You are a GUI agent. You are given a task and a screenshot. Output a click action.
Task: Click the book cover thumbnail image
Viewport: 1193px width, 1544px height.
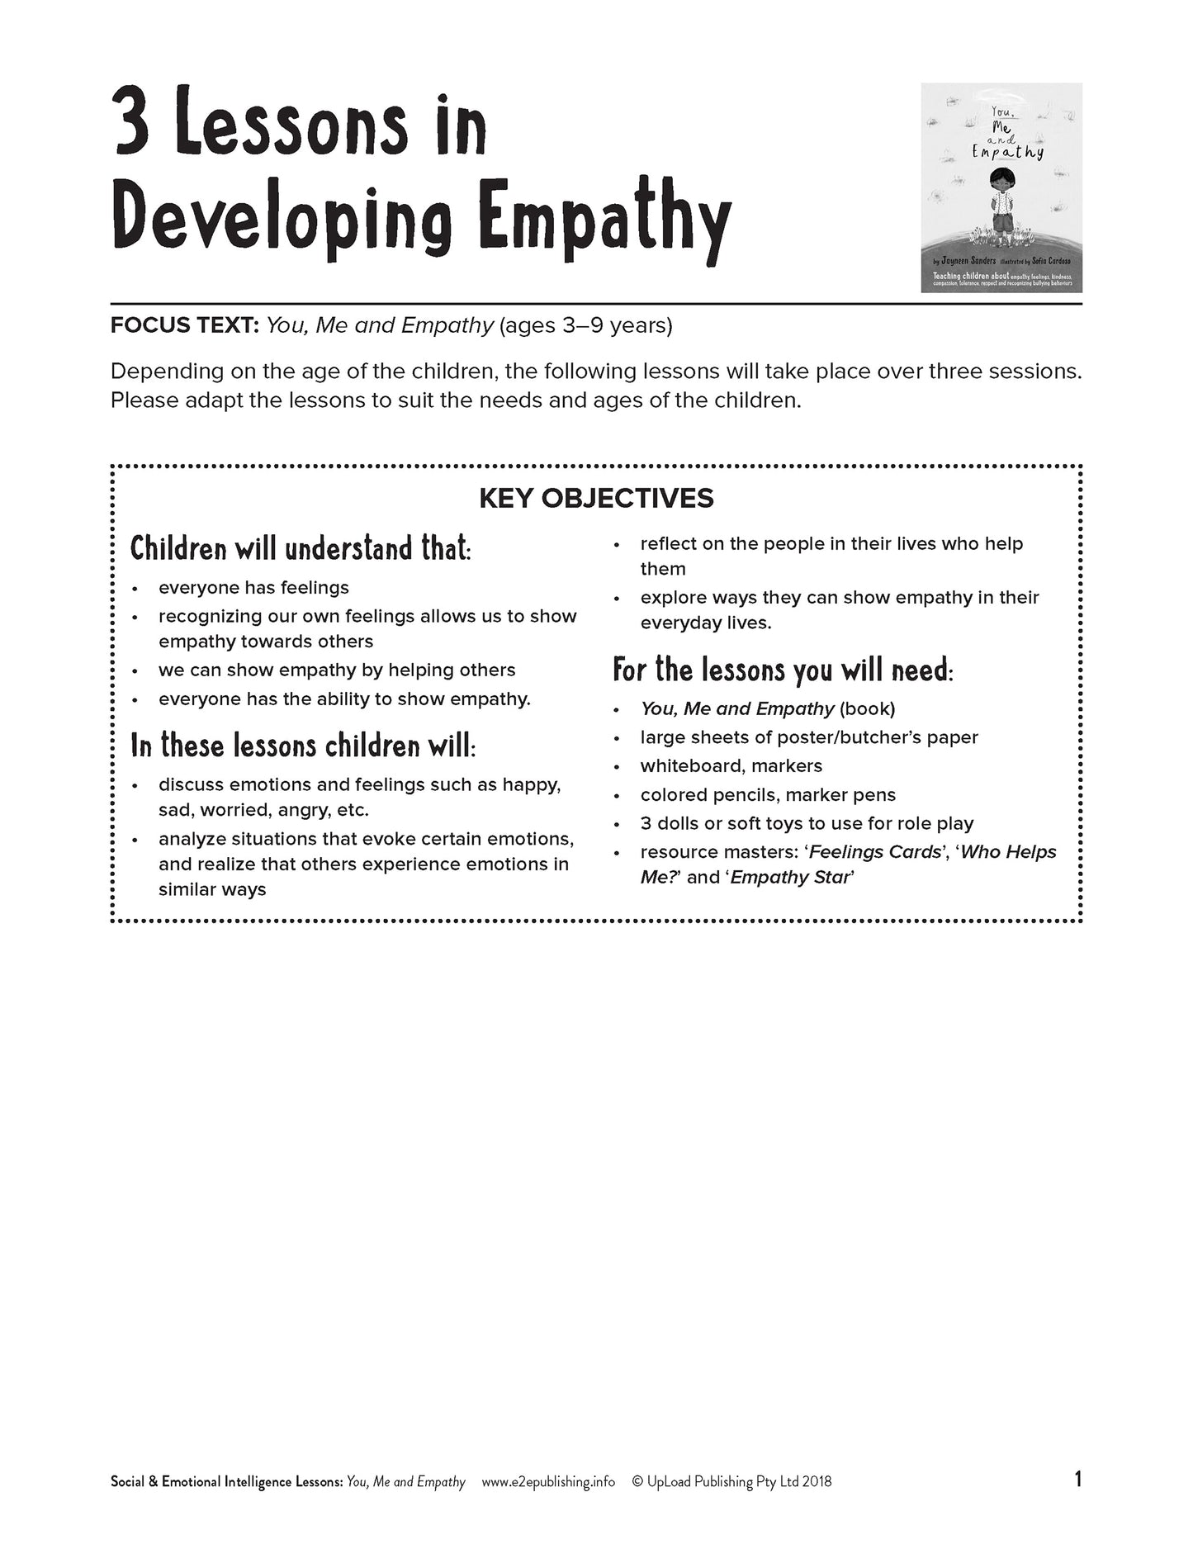[x=1001, y=187]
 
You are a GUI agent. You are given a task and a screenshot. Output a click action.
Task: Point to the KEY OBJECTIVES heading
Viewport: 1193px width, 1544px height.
[x=596, y=498]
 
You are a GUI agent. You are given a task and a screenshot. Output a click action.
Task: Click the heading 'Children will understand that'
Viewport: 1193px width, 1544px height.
[x=301, y=549]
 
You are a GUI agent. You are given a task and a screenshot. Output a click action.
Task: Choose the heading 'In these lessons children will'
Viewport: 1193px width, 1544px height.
[x=302, y=746]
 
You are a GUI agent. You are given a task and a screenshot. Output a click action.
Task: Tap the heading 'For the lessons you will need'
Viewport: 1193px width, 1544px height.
[x=782, y=670]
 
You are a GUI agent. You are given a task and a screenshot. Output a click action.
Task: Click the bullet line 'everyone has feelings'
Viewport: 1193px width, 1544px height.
[x=253, y=588]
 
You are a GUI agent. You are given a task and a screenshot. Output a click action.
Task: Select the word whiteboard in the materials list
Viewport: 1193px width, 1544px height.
[x=689, y=766]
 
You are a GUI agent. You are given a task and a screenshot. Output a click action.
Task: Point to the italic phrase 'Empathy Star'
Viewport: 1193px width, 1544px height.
[x=789, y=878]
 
